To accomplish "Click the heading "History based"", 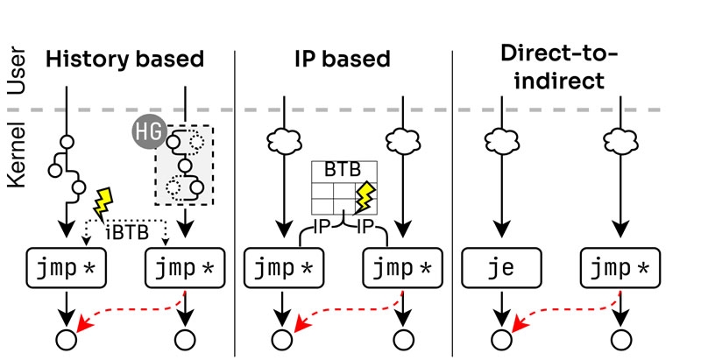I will pyautogui.click(x=124, y=60).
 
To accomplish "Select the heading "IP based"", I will pyautogui.click(x=343, y=60).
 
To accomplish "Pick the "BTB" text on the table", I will pyautogui.click(x=342, y=172).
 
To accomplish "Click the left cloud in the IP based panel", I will pyautogui.click(x=281, y=141).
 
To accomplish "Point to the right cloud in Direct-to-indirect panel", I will pyautogui.click(x=620, y=141).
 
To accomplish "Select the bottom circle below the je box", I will pyautogui.click(x=499, y=340).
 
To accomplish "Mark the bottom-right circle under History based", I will pyautogui.click(x=184, y=340).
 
